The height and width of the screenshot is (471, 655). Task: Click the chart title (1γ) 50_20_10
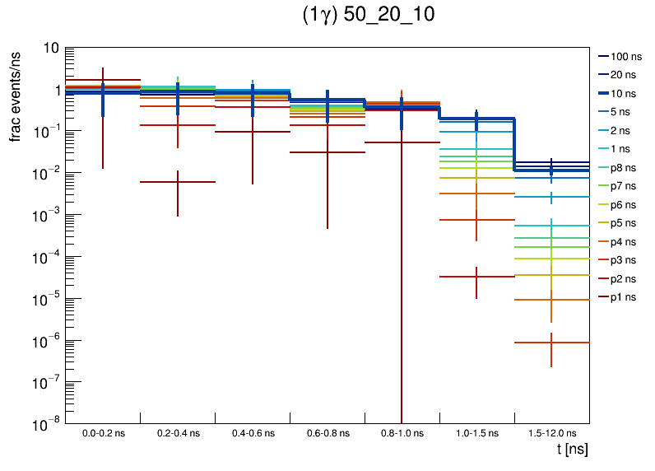(368, 17)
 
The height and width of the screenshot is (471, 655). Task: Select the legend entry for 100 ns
(625, 57)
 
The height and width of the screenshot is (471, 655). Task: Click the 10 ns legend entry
(625, 94)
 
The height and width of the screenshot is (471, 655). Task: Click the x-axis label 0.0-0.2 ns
(103, 433)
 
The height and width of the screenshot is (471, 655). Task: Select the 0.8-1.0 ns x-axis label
(402, 433)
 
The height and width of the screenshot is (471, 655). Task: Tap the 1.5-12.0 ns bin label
(551, 433)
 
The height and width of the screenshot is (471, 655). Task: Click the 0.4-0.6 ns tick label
(253, 433)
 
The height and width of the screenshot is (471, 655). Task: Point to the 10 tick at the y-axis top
(50, 48)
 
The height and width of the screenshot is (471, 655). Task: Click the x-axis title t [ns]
(572, 450)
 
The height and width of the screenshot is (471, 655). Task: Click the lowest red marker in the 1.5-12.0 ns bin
(551, 343)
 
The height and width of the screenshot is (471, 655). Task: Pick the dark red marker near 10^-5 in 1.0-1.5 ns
(476, 277)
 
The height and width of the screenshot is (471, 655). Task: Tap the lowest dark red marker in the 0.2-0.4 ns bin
(178, 182)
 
